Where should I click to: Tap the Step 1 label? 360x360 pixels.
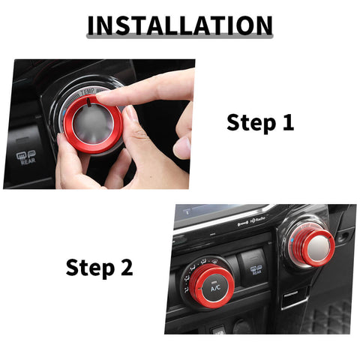(x=260, y=122)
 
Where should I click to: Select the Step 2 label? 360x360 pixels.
(x=99, y=266)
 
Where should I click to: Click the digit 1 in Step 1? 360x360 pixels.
(x=287, y=122)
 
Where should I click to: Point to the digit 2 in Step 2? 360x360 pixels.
(x=126, y=266)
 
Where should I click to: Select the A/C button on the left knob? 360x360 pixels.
(x=215, y=286)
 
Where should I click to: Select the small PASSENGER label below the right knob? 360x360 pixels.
(x=291, y=293)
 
